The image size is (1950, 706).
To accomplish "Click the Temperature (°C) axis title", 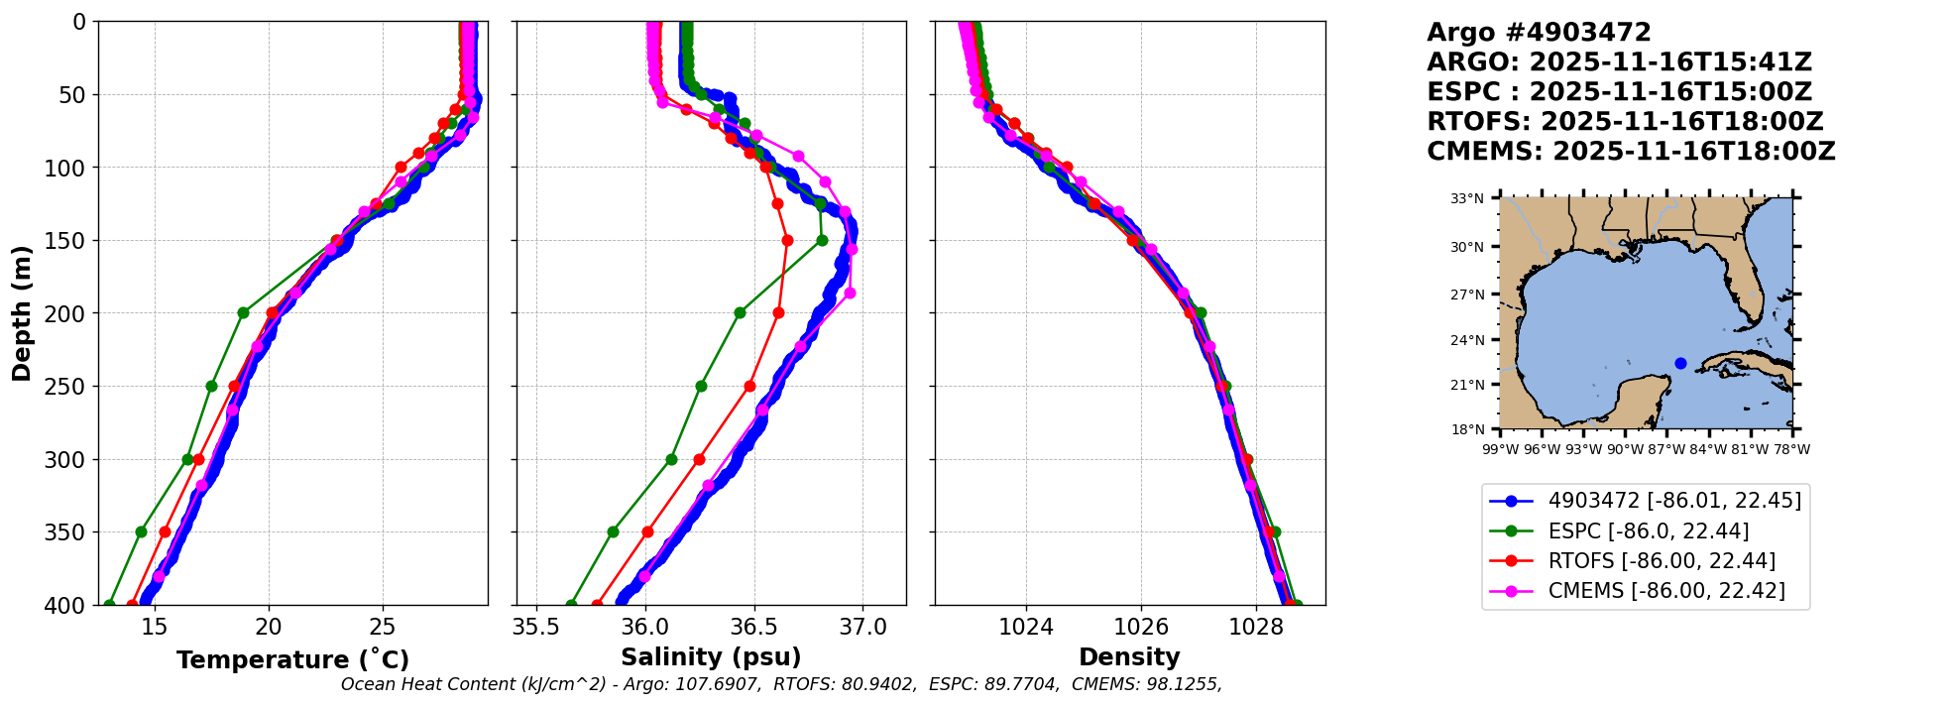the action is (x=292, y=660).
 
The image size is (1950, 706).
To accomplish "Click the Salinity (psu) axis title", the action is (x=711, y=657).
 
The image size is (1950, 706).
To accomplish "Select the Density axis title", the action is (x=1129, y=657).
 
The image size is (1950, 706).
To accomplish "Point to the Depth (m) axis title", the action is (x=22, y=313).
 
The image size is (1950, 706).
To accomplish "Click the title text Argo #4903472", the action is (x=1539, y=33).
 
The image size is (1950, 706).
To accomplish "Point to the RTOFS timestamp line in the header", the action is (x=1625, y=122).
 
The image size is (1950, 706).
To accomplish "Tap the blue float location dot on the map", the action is (x=1680, y=363).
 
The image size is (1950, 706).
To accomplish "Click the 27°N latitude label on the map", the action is (x=1467, y=294).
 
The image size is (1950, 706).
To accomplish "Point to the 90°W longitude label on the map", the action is (x=1625, y=449).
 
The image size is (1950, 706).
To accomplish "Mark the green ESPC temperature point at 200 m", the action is (x=243, y=312).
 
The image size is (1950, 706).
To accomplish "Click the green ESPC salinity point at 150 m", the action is (x=822, y=240).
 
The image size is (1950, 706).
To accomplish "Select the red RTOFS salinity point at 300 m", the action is (x=699, y=459).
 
